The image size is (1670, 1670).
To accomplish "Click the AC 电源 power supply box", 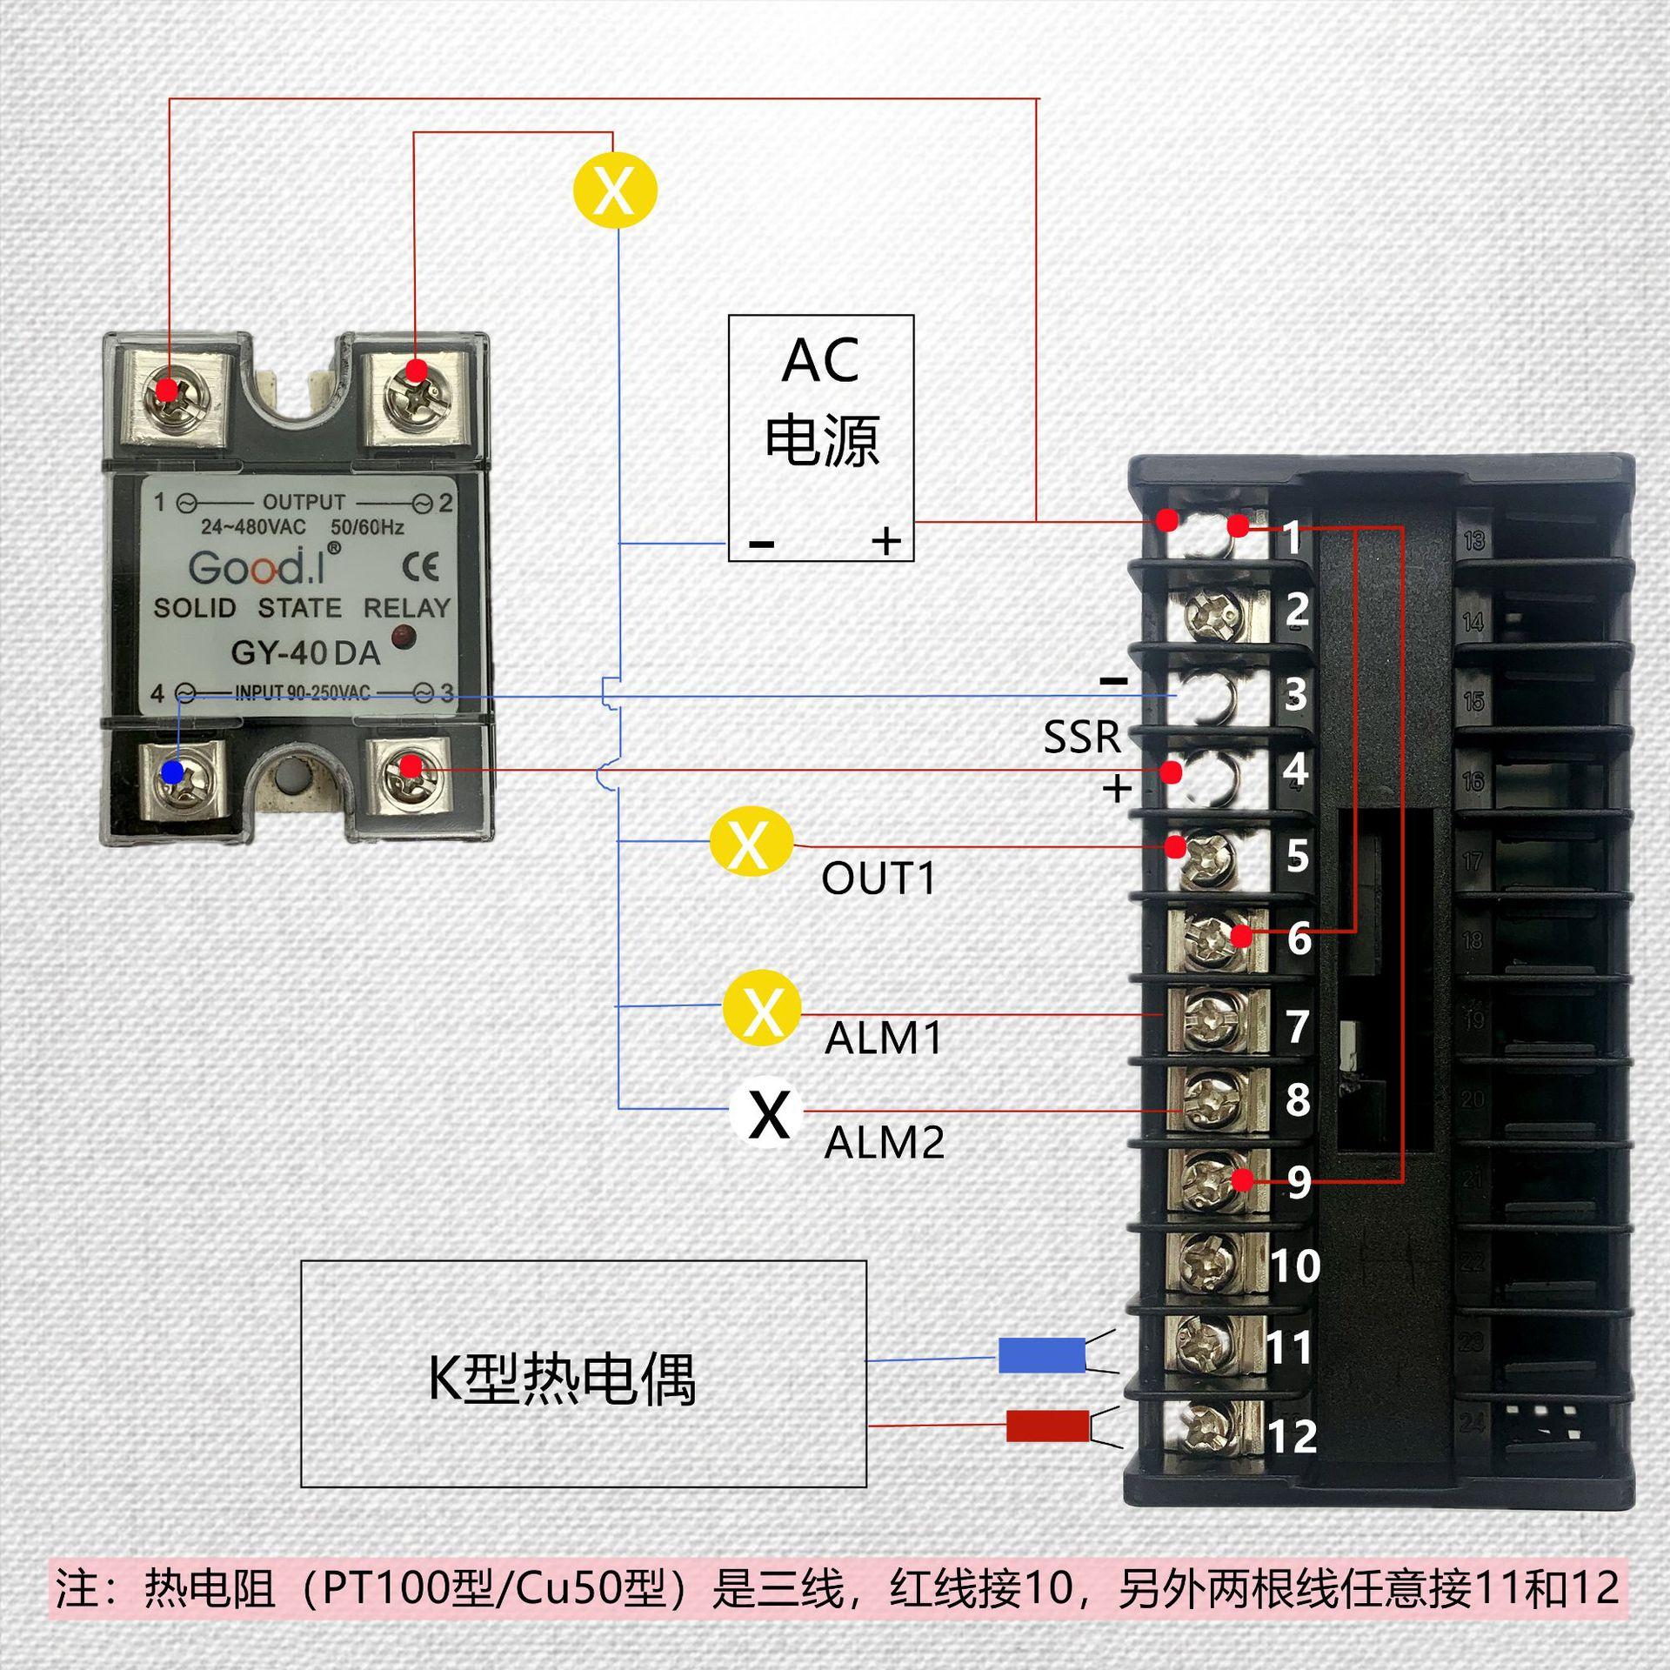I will click(820, 438).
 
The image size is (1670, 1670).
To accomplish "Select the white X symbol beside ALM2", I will click(769, 1112).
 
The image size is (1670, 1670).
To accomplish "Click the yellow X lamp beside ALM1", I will click(763, 1009).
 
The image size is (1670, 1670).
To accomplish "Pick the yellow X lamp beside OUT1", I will click(751, 843).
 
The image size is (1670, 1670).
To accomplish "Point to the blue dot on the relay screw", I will click(173, 772).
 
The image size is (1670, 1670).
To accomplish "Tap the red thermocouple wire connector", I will click(1047, 1426).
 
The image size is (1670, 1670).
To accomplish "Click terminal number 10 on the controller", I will click(1295, 1266).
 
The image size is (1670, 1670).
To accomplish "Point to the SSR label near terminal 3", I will click(1082, 737).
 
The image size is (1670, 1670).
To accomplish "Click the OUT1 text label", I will click(878, 878).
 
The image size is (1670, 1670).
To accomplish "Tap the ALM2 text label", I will click(884, 1143).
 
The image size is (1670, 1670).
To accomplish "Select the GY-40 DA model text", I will click(305, 652).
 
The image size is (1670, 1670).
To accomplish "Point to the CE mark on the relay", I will click(421, 567).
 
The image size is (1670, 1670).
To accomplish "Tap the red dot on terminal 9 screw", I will click(1243, 1180).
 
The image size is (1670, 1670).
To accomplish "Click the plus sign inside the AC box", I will click(886, 542).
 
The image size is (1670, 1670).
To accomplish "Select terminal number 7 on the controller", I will click(1297, 1026).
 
